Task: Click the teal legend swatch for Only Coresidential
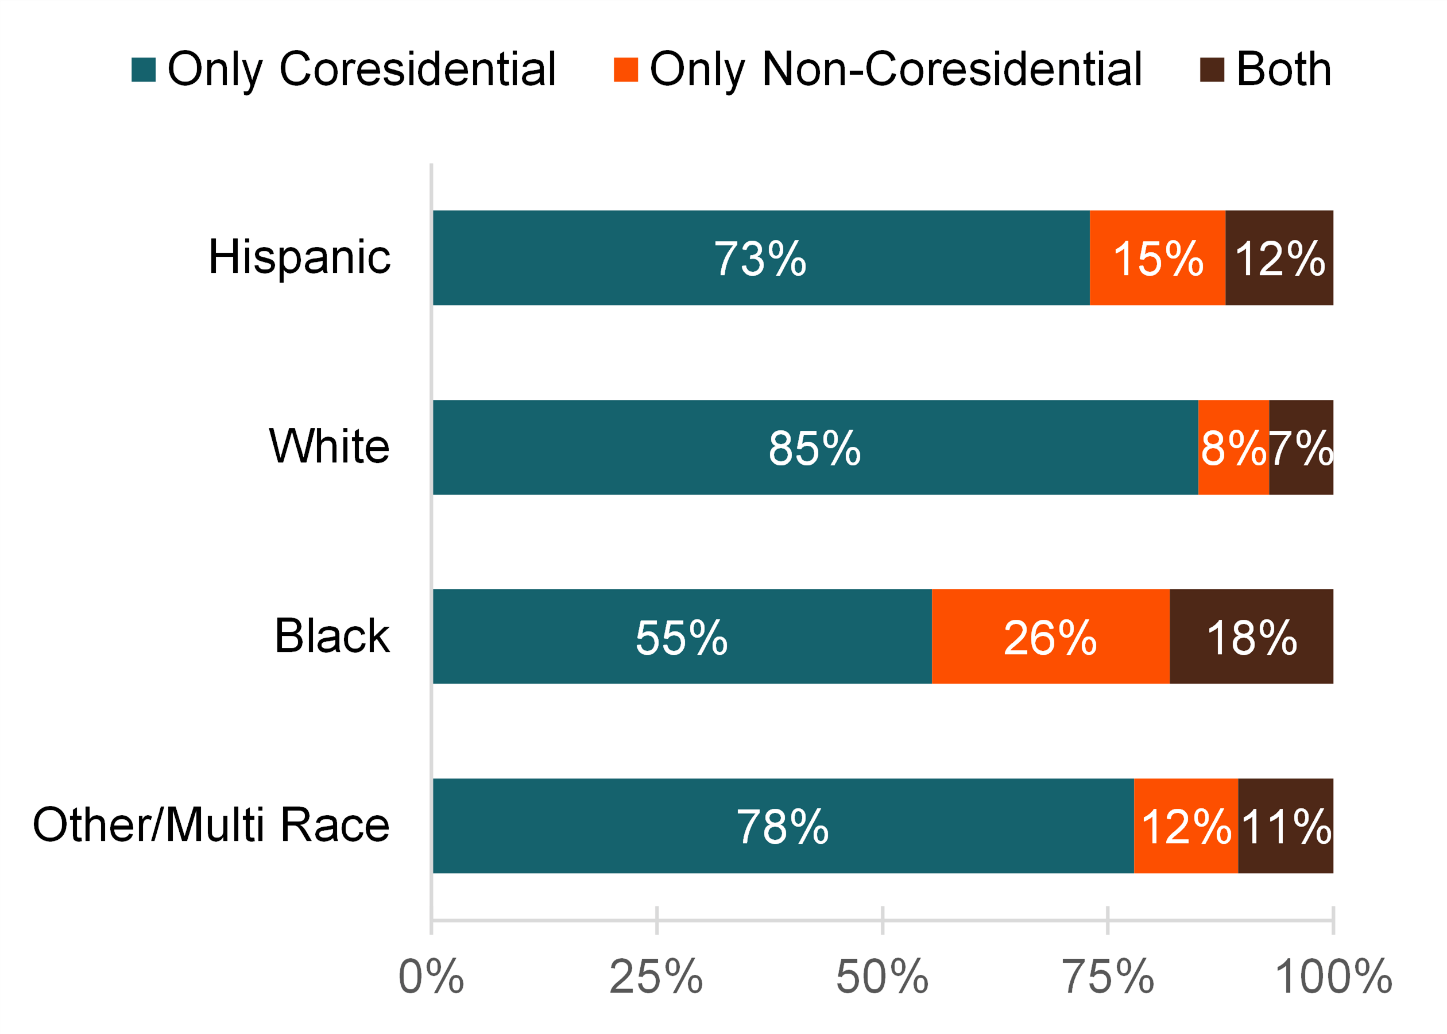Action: [143, 70]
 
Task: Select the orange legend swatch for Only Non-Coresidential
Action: [625, 70]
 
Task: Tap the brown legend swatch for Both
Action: [1212, 70]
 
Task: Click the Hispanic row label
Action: [299, 257]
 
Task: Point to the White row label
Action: [329, 446]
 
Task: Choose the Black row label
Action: [331, 636]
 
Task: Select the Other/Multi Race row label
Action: [211, 825]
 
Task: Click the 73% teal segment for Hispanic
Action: [760, 258]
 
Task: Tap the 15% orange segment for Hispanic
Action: [1157, 258]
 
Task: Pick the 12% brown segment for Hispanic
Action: [1279, 258]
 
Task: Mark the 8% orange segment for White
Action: [1233, 447]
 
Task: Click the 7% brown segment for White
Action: [1301, 447]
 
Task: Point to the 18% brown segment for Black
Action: [1251, 636]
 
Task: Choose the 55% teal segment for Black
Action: [682, 636]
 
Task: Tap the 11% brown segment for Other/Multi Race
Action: [1286, 826]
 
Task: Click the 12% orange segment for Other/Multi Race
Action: [1186, 826]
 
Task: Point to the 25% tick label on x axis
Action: [656, 977]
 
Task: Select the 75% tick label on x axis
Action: [1107, 977]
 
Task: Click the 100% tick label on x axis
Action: [1334, 977]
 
